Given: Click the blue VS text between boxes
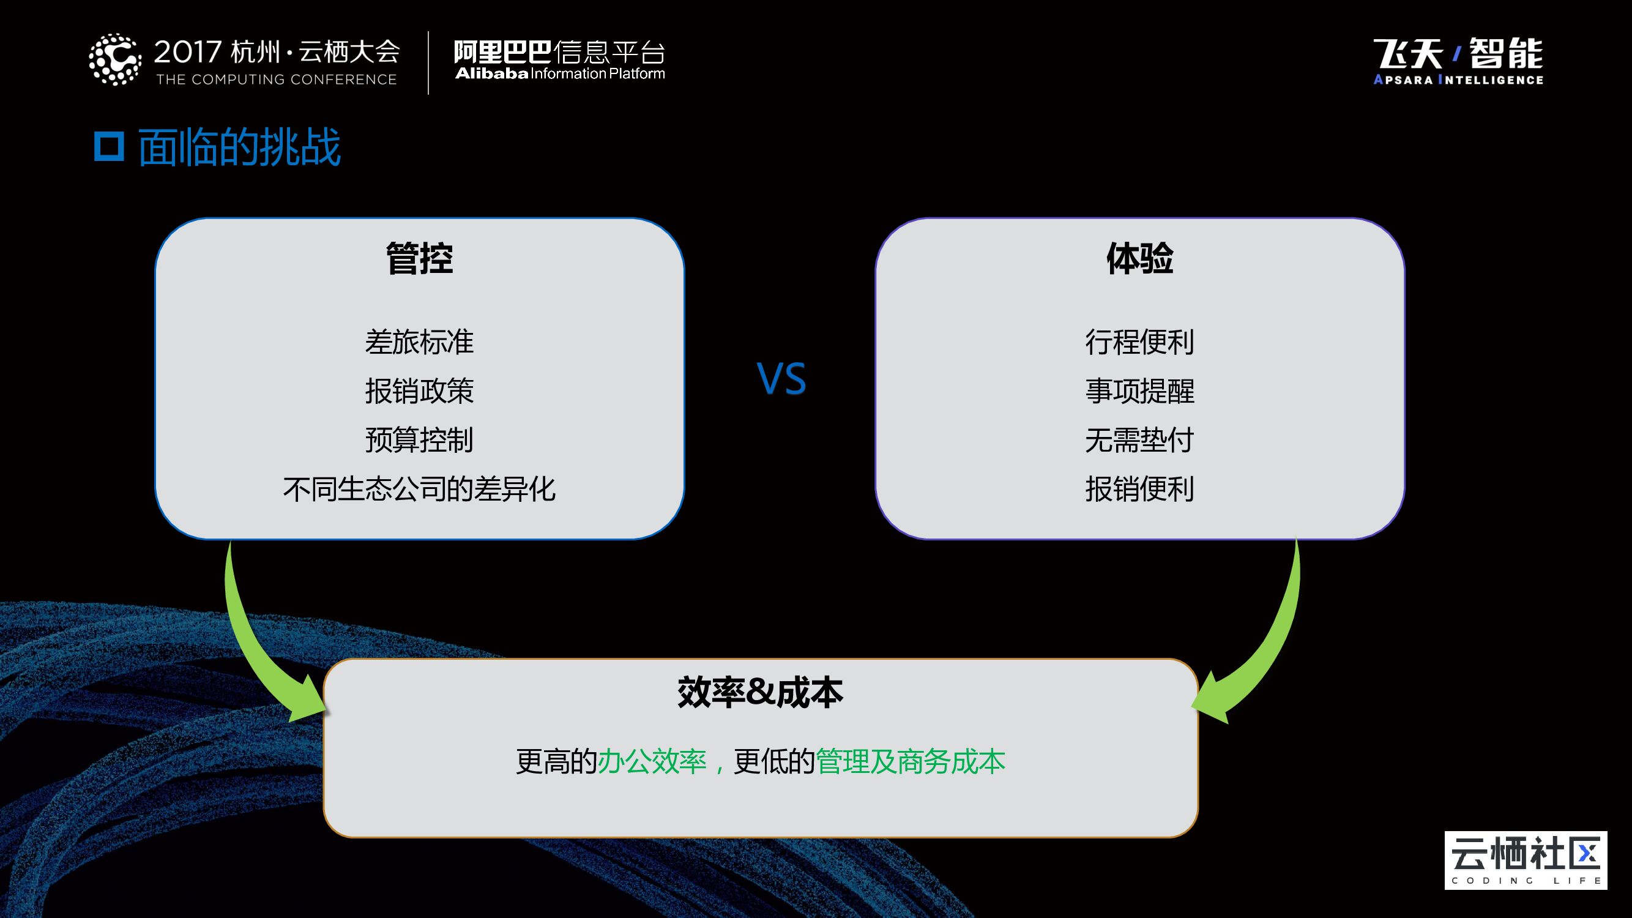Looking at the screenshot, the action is tap(781, 379).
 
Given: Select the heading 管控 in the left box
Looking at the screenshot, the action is tap(419, 258).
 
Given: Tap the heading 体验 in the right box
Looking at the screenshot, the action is tap(1139, 258).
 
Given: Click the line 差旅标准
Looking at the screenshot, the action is tap(419, 342).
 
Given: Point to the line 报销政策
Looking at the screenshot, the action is tap(419, 391).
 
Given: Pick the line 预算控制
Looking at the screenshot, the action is tap(419, 439).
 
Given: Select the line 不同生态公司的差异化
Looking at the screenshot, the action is tap(419, 489).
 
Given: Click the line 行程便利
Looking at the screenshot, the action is tap(1139, 342).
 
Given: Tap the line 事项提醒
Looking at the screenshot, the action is tap(1139, 391).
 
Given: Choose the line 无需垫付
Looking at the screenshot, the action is tap(1139, 439).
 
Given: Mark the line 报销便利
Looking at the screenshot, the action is tap(1139, 489).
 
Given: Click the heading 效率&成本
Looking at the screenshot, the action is tap(760, 692).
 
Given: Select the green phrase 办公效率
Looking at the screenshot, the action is tap(652, 761).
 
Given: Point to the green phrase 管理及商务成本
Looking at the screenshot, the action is tap(911, 761).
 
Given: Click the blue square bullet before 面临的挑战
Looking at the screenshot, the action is tap(109, 146).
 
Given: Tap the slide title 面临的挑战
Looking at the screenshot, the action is tap(239, 147).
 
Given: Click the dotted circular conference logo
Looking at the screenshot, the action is tap(114, 59).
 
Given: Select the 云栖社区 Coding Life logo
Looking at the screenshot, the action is tap(1525, 860).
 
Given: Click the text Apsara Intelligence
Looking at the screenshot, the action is tap(1458, 80).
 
